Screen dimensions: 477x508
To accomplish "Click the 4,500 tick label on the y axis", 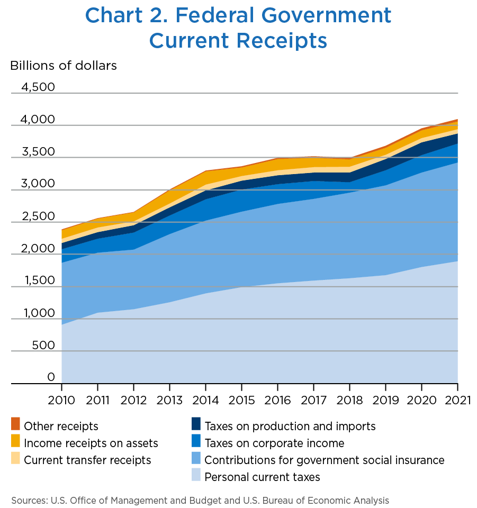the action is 38,87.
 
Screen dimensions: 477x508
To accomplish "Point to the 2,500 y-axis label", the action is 38,216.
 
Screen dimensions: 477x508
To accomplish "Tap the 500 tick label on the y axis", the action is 43,345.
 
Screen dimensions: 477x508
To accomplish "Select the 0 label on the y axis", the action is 51,377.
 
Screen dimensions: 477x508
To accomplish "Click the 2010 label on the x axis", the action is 61,400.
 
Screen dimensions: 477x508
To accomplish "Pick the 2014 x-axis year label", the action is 205,400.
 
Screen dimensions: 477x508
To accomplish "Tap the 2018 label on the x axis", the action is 349,400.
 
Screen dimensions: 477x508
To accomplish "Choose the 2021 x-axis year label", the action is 457,400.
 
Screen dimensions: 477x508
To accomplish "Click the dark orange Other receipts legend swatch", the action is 15,424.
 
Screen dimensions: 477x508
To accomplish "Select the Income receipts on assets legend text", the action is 91,443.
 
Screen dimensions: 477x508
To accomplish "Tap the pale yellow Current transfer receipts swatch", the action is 15,458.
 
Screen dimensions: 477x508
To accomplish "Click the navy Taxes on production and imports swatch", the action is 196,424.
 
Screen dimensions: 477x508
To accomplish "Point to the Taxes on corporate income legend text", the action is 274,443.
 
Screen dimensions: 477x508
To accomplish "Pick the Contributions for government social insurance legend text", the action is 325,460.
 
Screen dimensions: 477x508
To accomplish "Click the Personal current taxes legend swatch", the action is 196,475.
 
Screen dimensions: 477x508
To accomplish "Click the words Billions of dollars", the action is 64,66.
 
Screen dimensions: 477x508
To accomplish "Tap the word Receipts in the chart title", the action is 282,41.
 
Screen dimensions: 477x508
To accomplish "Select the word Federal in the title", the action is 215,15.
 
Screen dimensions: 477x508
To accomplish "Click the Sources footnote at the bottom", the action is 200,501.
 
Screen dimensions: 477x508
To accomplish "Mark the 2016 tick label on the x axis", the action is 277,400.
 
